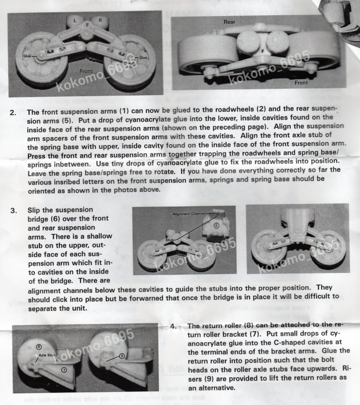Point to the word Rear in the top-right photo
[x=229, y=22]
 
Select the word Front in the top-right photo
[x=301, y=83]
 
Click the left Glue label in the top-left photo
[x=27, y=55]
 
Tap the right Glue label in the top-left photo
[x=143, y=58]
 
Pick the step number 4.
[x=173, y=327]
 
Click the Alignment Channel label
[x=188, y=214]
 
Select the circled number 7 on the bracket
[x=64, y=370]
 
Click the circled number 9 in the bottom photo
[x=122, y=356]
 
